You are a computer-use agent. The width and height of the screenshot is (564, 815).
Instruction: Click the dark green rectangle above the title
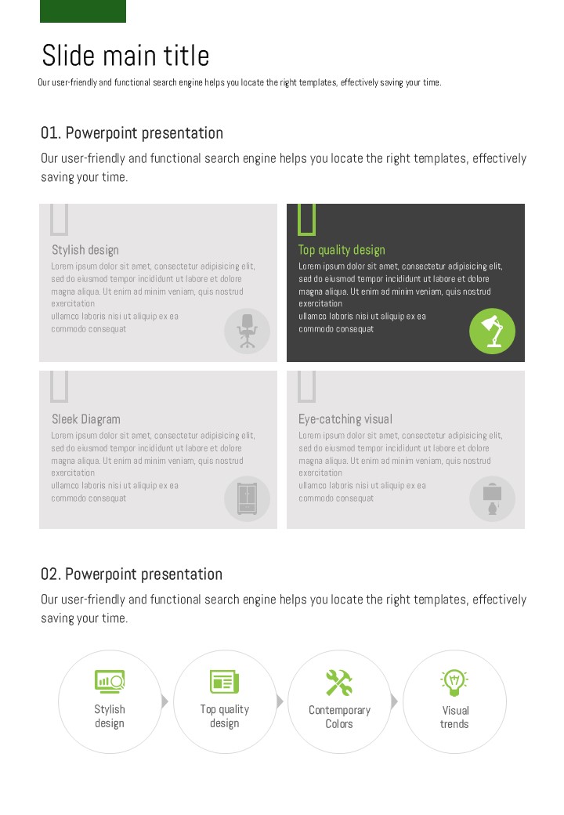click(x=83, y=11)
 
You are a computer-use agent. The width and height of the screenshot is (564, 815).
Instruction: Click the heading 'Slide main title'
click(x=125, y=56)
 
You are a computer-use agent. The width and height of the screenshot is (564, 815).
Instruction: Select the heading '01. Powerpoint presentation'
click(x=132, y=133)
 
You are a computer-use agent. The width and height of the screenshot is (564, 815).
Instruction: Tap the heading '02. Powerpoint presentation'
click(x=132, y=574)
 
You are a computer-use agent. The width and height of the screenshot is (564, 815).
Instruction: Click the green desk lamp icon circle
click(x=493, y=331)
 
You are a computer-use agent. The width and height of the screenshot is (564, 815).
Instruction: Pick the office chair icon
click(x=248, y=331)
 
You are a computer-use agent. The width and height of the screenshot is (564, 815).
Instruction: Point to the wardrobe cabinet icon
click(x=248, y=498)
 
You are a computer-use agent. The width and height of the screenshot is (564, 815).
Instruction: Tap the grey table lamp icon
click(x=493, y=499)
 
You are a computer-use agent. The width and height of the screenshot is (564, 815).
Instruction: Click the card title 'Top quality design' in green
click(x=342, y=250)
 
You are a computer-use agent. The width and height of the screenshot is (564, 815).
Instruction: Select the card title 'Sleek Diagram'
click(x=86, y=419)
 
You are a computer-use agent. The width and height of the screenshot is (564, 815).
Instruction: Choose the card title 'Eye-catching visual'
click(x=345, y=419)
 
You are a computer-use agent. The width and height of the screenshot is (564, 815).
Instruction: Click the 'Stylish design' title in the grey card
click(x=85, y=250)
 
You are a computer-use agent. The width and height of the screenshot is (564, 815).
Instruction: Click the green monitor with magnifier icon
click(x=110, y=682)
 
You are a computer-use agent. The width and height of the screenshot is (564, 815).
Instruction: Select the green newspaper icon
click(x=224, y=682)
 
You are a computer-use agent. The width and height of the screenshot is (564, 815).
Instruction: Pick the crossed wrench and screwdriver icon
click(x=339, y=683)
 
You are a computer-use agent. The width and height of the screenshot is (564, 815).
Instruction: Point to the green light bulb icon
click(x=454, y=683)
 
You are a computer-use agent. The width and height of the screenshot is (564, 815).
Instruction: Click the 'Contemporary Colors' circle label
click(x=340, y=717)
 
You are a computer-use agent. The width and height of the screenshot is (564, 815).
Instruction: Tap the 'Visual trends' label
click(x=455, y=717)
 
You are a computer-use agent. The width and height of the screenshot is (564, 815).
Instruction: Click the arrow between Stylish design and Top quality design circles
click(x=164, y=701)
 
